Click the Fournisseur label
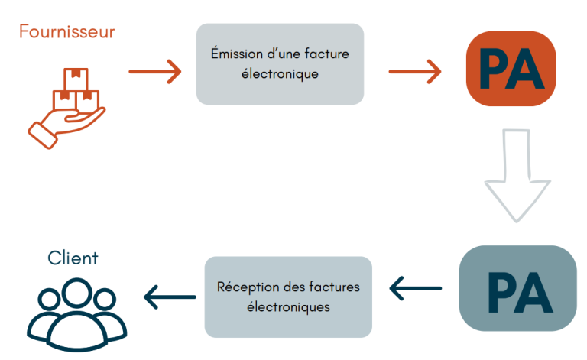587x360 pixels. (67, 32)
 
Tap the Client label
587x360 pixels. (73, 258)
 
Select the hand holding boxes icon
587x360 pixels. (66, 108)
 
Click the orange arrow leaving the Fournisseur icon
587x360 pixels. (155, 73)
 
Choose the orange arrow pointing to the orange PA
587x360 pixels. (415, 73)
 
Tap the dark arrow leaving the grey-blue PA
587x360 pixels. (416, 288)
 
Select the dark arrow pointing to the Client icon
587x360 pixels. (170, 297)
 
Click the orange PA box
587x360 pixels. (510, 68)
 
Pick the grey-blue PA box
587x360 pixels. (517, 288)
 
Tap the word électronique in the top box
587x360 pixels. (281, 75)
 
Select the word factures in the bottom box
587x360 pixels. (333, 287)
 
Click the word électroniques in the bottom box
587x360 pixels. (288, 307)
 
